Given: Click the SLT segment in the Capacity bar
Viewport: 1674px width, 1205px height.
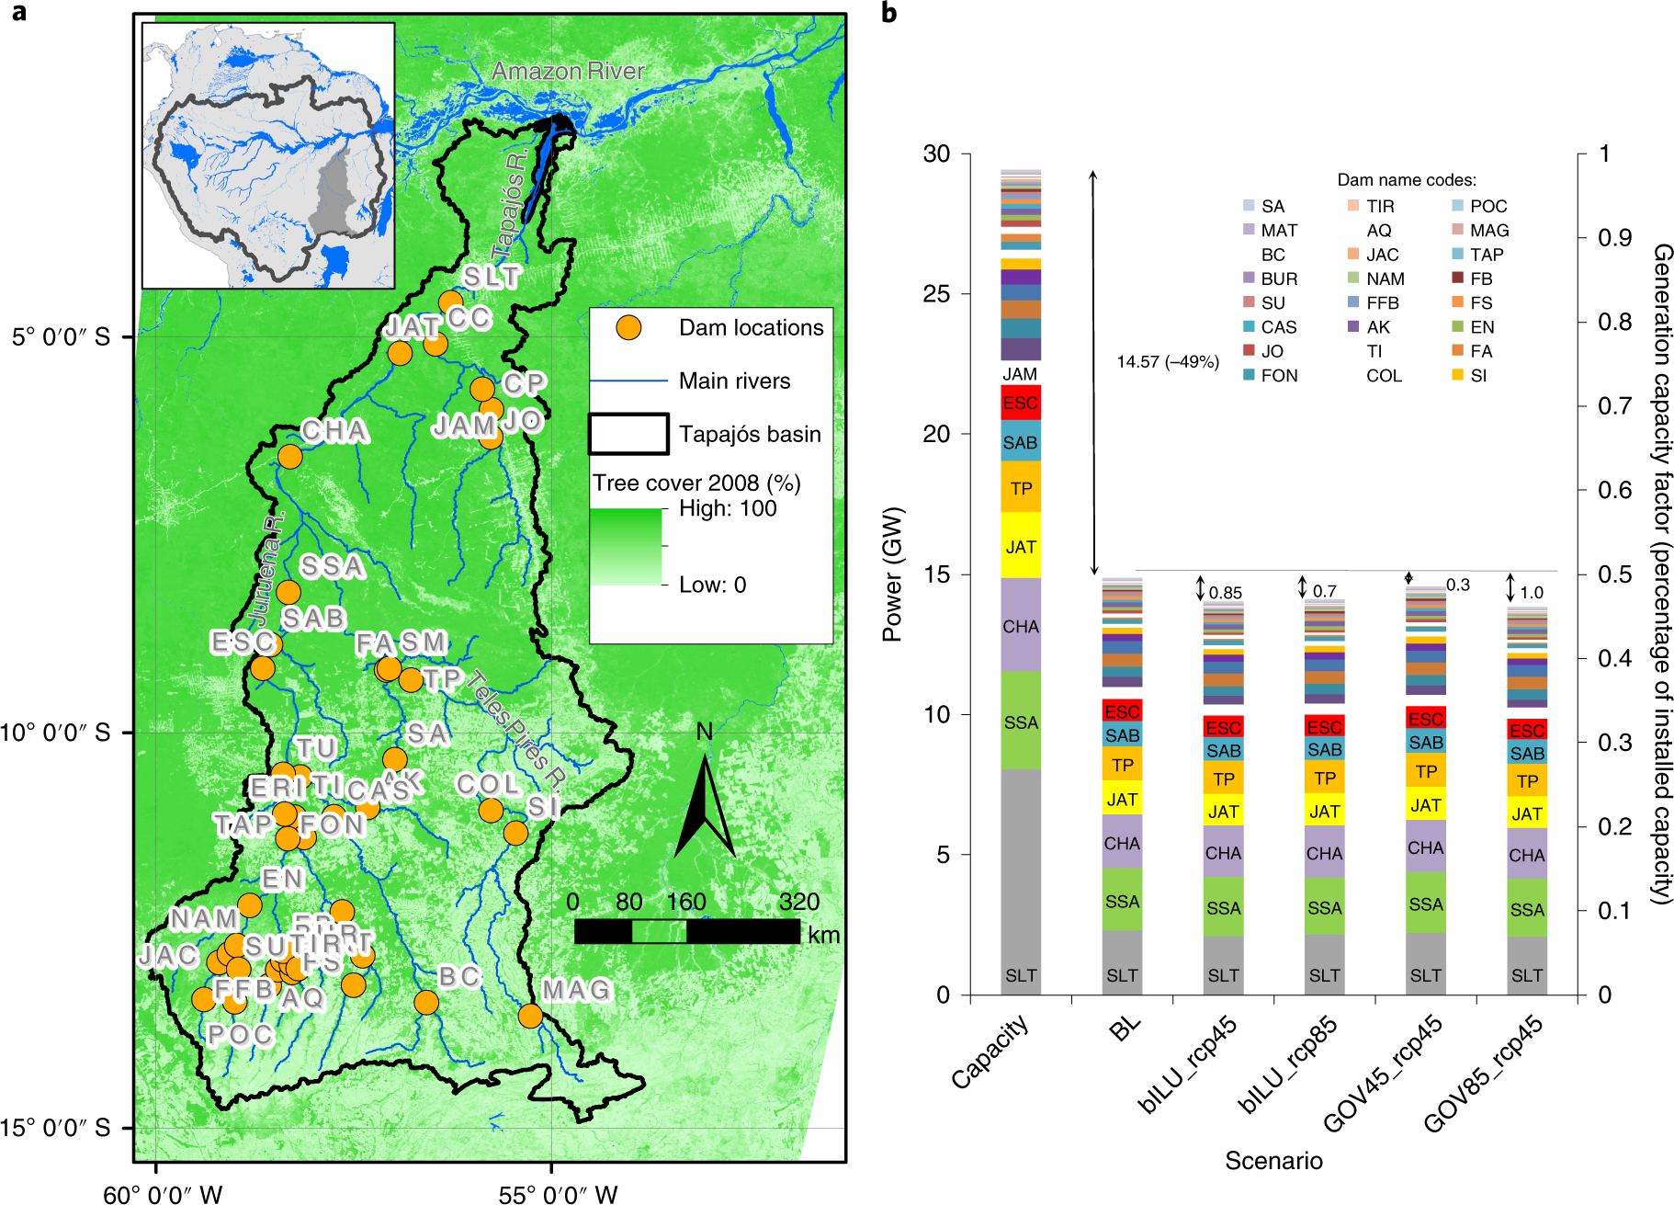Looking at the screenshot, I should point(1020,882).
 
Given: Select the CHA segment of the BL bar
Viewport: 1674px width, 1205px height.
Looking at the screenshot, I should point(1122,842).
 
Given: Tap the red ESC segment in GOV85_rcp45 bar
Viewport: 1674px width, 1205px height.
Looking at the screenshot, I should point(1526,730).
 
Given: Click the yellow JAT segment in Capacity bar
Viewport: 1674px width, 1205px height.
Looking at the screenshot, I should point(1020,546).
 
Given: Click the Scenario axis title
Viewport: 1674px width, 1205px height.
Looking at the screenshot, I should point(1273,1161).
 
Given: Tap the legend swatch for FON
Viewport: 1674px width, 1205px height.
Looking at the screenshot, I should point(1249,375).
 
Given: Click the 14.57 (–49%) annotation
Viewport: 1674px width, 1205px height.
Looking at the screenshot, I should point(1167,362).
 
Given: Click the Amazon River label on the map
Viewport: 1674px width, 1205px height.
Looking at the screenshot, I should point(568,71).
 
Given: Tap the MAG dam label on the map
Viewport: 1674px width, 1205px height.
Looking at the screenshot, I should point(576,990).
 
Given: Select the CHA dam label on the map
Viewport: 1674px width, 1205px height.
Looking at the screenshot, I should point(335,430).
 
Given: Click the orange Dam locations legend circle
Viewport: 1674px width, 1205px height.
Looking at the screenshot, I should point(628,327).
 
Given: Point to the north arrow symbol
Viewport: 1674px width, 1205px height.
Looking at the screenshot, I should point(705,804).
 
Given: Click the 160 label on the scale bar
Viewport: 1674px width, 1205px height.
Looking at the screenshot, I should point(686,902).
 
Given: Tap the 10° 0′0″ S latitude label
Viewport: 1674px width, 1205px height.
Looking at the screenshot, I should point(55,733).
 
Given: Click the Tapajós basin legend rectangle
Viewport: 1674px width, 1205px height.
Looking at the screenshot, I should point(628,434).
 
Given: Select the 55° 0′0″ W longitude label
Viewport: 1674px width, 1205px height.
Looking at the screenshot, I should point(558,1194).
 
